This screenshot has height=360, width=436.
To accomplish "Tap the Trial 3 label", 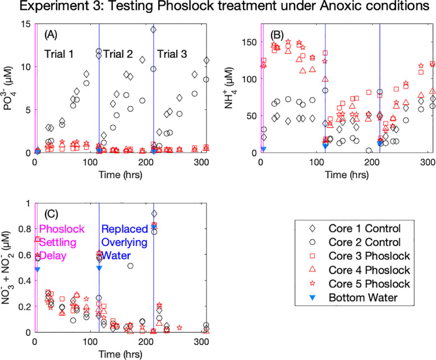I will [174, 54].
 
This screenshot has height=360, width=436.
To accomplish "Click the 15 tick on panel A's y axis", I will [26, 24].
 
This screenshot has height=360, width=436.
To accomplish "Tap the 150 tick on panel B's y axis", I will [247, 42].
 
